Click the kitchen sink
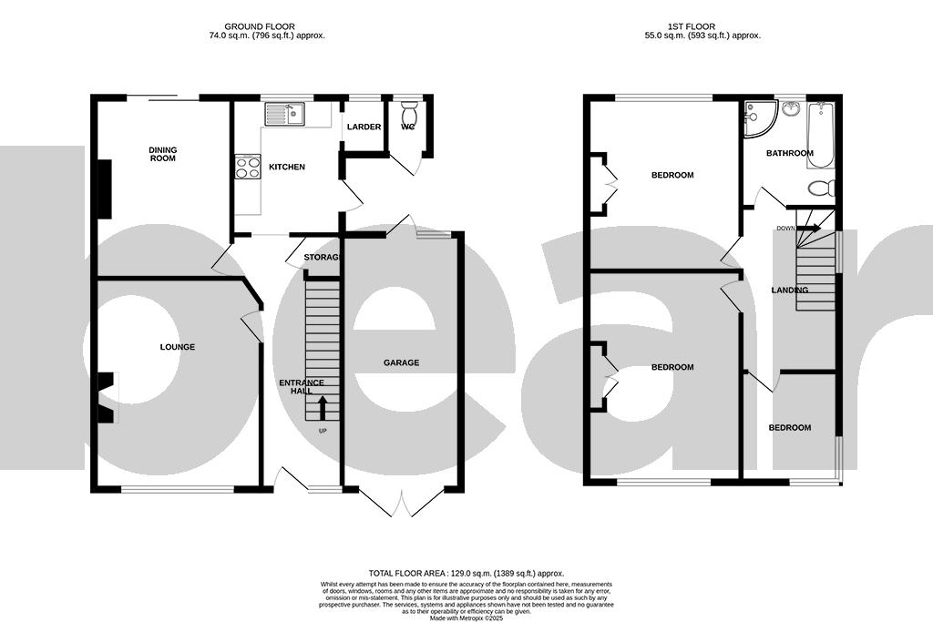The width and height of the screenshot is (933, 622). (x=285, y=114)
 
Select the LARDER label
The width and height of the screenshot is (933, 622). (x=364, y=127)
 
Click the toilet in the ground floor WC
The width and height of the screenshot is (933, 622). (x=408, y=114)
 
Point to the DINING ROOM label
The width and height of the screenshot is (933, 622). (x=163, y=154)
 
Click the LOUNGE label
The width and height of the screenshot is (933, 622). (x=178, y=347)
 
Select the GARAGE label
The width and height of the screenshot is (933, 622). (x=401, y=362)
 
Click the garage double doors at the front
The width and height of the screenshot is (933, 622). (x=401, y=503)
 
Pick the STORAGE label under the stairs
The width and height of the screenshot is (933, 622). (x=322, y=258)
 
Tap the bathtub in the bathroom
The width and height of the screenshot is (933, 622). (x=820, y=135)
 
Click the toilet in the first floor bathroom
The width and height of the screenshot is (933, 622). (x=822, y=189)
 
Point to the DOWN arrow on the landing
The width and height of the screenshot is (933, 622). (x=805, y=229)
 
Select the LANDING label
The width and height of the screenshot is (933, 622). (x=789, y=291)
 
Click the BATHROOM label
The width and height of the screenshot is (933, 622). (x=789, y=153)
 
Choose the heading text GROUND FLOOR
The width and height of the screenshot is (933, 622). (x=265, y=27)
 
